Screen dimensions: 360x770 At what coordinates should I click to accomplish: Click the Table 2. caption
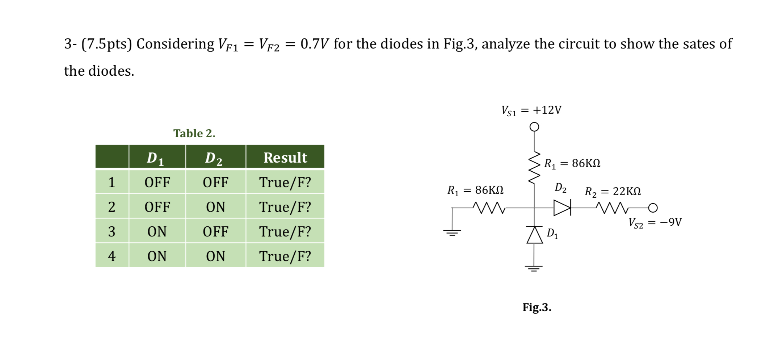coord(194,133)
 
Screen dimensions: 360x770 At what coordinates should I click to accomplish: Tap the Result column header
coord(285,158)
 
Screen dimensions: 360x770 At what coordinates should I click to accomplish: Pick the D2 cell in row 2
coord(215,207)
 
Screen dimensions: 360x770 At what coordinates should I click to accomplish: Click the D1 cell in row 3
coord(157,231)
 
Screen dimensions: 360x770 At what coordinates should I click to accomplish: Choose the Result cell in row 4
coord(285,256)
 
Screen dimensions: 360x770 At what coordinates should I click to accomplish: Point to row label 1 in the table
coord(111,182)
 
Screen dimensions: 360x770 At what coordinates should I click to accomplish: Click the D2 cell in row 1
coord(215,182)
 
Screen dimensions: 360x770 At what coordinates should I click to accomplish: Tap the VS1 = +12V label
coord(531,110)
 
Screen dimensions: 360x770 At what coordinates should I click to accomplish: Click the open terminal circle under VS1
coord(534,127)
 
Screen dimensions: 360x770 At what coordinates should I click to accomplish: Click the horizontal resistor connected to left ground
coord(489,208)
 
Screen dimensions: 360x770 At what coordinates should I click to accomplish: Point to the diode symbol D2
coord(562,208)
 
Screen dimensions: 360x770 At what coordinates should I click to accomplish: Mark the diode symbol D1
coord(534,235)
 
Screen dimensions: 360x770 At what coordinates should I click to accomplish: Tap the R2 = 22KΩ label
coord(613,191)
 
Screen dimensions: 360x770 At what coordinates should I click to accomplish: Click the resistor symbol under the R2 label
coord(612,208)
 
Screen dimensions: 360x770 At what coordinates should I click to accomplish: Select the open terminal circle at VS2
coord(653,208)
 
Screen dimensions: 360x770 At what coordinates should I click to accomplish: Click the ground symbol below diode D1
coord(534,268)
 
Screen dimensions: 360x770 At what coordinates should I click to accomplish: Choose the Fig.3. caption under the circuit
coord(537,307)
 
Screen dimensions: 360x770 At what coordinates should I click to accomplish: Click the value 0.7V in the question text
coord(314,44)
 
